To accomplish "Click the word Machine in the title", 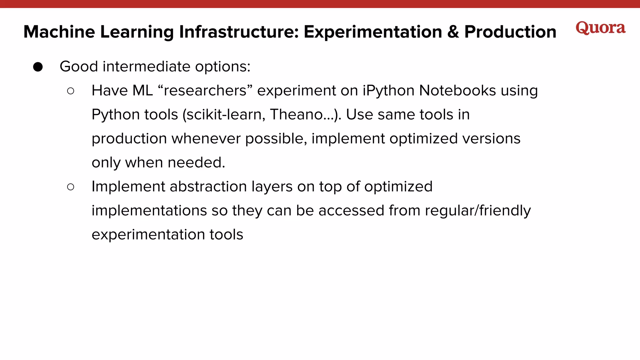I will [x=59, y=32].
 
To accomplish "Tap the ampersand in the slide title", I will [x=453, y=32].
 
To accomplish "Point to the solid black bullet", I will [x=38, y=67].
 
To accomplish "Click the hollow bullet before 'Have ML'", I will [x=71, y=91].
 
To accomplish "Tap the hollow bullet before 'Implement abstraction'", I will [x=71, y=187].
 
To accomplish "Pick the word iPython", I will [x=388, y=91].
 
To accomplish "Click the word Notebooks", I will [x=457, y=91].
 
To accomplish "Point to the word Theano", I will [x=297, y=114].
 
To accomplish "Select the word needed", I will [x=196, y=162].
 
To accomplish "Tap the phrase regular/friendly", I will [x=477, y=211].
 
